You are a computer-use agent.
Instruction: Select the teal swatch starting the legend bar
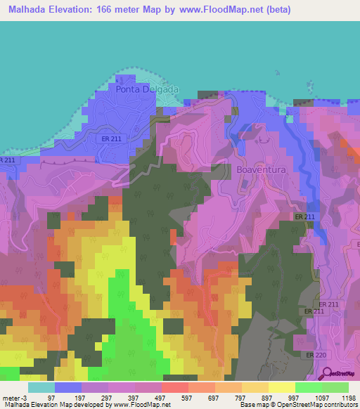pyautogui.click(x=41, y=387)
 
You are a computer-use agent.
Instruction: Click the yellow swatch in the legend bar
pyautogui.click(x=281, y=387)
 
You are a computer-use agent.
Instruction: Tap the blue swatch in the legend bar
pyautogui.click(x=67, y=387)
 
